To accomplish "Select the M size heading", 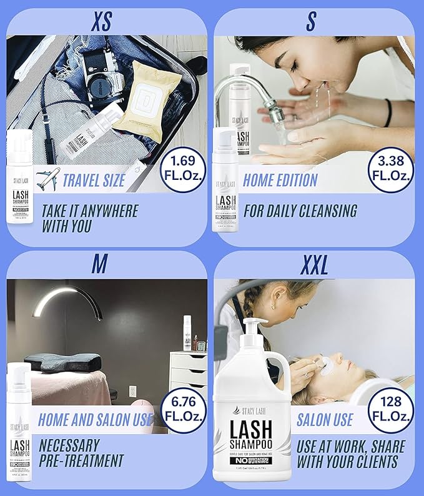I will point(99,265).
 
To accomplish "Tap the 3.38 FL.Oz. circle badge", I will point(390,167).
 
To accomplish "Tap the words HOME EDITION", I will point(280,181).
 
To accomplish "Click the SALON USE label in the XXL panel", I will point(325,419).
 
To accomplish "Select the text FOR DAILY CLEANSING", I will point(300,211).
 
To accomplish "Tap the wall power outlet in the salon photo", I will point(132,392).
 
